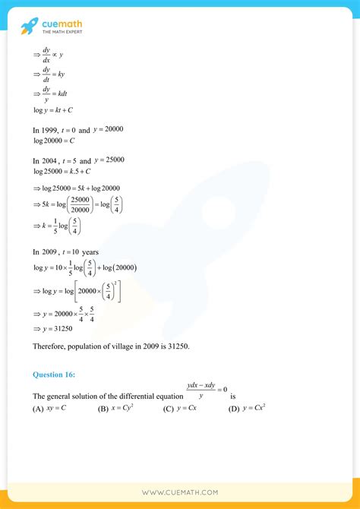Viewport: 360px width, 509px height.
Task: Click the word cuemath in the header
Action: [x=63, y=23]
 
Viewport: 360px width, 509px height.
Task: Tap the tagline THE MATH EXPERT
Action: [x=63, y=32]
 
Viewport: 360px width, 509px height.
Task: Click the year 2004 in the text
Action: [x=54, y=161]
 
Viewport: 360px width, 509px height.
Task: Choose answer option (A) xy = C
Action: [x=49, y=409]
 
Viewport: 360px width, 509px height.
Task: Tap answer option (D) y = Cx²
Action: [x=247, y=409]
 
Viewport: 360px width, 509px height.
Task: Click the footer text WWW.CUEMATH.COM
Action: [x=180, y=493]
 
